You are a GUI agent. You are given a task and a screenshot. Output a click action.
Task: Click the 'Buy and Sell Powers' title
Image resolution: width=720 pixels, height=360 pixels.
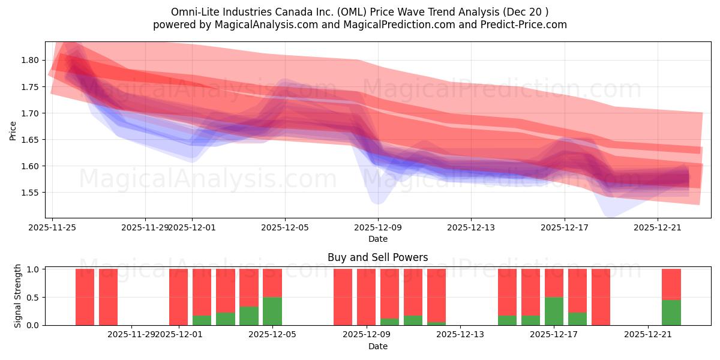377,257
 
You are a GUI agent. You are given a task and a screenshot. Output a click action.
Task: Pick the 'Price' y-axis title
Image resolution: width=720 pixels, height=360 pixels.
13,130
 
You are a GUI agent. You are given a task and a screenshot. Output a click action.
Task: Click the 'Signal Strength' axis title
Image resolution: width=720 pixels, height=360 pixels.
18,296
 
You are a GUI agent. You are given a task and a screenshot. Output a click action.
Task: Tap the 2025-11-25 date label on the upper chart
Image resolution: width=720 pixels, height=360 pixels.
53,227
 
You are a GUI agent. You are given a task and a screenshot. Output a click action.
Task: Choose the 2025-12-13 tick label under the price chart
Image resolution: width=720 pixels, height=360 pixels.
471,227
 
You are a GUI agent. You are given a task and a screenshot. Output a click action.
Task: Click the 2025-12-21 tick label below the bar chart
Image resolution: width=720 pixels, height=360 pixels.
648,335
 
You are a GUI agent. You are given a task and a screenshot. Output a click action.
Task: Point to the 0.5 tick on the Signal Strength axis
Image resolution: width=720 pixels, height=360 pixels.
34,297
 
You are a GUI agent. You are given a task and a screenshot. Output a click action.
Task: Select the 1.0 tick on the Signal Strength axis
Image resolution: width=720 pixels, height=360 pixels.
34,269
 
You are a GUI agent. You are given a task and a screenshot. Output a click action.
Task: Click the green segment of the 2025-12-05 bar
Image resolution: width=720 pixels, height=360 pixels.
272,311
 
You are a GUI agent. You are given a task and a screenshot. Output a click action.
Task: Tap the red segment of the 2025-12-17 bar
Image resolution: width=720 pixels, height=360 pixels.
554,283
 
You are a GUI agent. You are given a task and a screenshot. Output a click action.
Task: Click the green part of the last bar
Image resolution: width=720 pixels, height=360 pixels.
671,313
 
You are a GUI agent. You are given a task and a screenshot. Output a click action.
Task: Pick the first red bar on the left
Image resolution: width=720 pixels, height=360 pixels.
85,297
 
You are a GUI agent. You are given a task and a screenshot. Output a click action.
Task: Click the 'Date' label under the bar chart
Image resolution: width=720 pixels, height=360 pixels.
377,346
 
